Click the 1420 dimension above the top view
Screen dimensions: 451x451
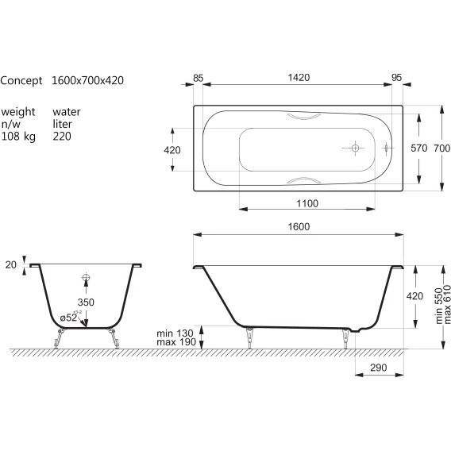point(299,78)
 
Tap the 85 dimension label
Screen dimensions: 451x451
point(199,79)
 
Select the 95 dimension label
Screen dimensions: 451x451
point(397,78)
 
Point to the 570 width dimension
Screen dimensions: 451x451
point(419,148)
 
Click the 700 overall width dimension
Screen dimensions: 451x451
point(442,148)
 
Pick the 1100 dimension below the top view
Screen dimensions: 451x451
point(307,203)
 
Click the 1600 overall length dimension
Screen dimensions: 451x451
point(299,226)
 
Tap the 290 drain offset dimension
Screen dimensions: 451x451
point(379,368)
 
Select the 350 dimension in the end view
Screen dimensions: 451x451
point(86,303)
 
